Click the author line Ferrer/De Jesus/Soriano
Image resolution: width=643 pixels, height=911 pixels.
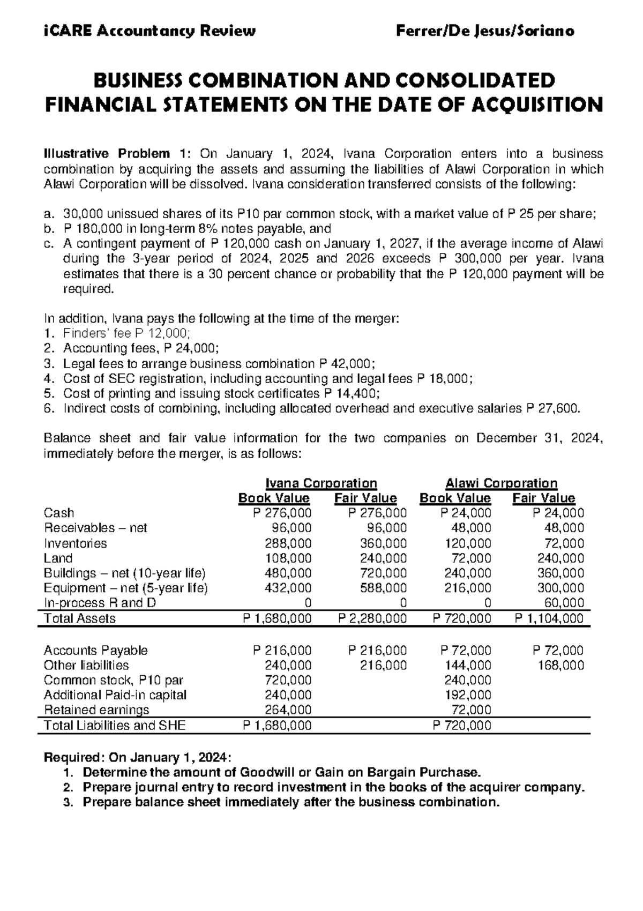484,31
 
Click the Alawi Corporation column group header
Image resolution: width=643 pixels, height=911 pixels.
502,483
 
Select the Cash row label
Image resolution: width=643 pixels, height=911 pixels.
59,513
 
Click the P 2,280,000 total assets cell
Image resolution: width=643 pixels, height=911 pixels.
372,618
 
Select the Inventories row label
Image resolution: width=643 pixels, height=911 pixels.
75,543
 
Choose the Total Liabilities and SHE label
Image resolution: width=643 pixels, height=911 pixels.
115,726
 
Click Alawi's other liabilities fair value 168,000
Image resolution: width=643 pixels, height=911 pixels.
560,666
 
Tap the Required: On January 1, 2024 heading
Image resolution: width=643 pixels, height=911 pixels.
137,758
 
